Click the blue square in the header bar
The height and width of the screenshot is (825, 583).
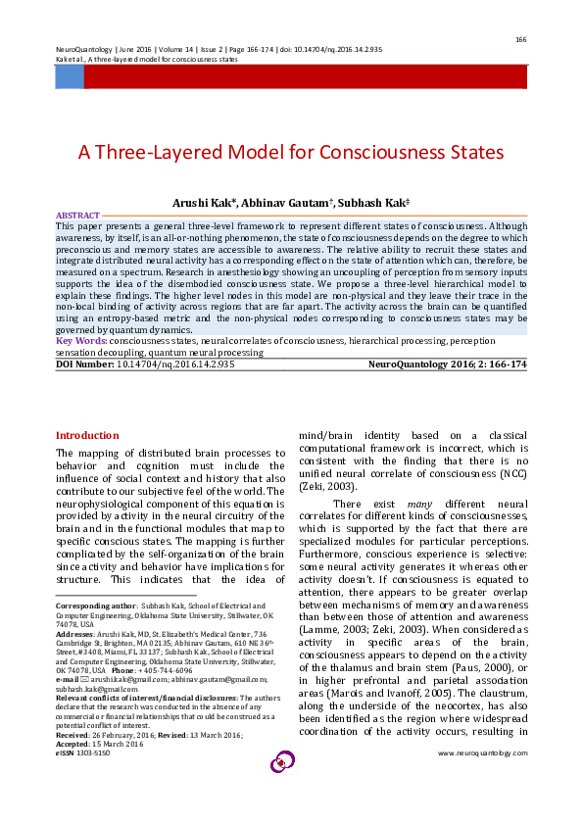pyautogui.click(x=69, y=77)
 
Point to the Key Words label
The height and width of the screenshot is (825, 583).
pyautogui.click(x=81, y=340)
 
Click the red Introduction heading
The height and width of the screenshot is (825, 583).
pyautogui.click(x=87, y=435)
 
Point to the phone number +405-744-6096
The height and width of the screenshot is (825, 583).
pyautogui.click(x=165, y=669)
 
